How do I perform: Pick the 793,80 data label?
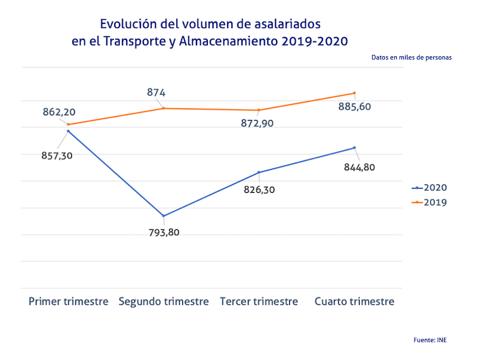click(x=164, y=232)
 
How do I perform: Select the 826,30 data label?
click(x=259, y=190)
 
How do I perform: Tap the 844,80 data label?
click(x=360, y=167)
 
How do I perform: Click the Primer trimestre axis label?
click(x=69, y=301)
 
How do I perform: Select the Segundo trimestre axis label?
click(x=164, y=301)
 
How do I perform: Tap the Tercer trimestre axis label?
click(x=259, y=301)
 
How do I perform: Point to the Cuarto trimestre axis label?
click(x=354, y=301)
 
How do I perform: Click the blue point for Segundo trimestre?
click(x=164, y=216)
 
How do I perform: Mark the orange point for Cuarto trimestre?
click(x=354, y=93)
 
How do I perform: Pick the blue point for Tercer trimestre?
click(x=259, y=173)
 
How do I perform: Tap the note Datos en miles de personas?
click(x=411, y=58)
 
